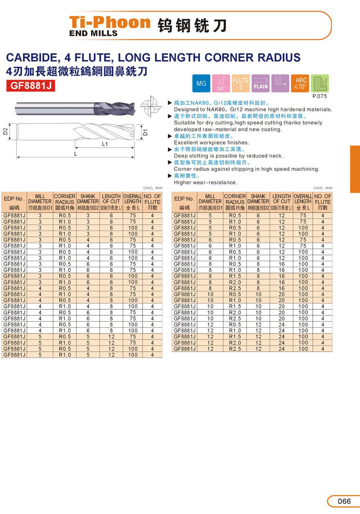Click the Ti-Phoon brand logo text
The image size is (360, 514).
point(110,22)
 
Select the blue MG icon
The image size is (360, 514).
point(201,84)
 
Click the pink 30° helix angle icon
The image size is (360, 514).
point(221,83)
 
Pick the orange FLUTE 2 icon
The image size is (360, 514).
point(240,83)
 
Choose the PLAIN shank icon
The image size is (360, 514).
point(260,83)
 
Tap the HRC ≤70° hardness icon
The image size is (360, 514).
point(300,83)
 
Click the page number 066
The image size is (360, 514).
point(343,501)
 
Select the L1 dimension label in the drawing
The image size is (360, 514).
point(105,143)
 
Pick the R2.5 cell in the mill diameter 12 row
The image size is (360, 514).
point(235,349)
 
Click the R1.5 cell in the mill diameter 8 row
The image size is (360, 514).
point(235,276)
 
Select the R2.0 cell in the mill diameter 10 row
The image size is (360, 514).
point(235,313)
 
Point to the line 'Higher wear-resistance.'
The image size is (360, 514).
point(205,182)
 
